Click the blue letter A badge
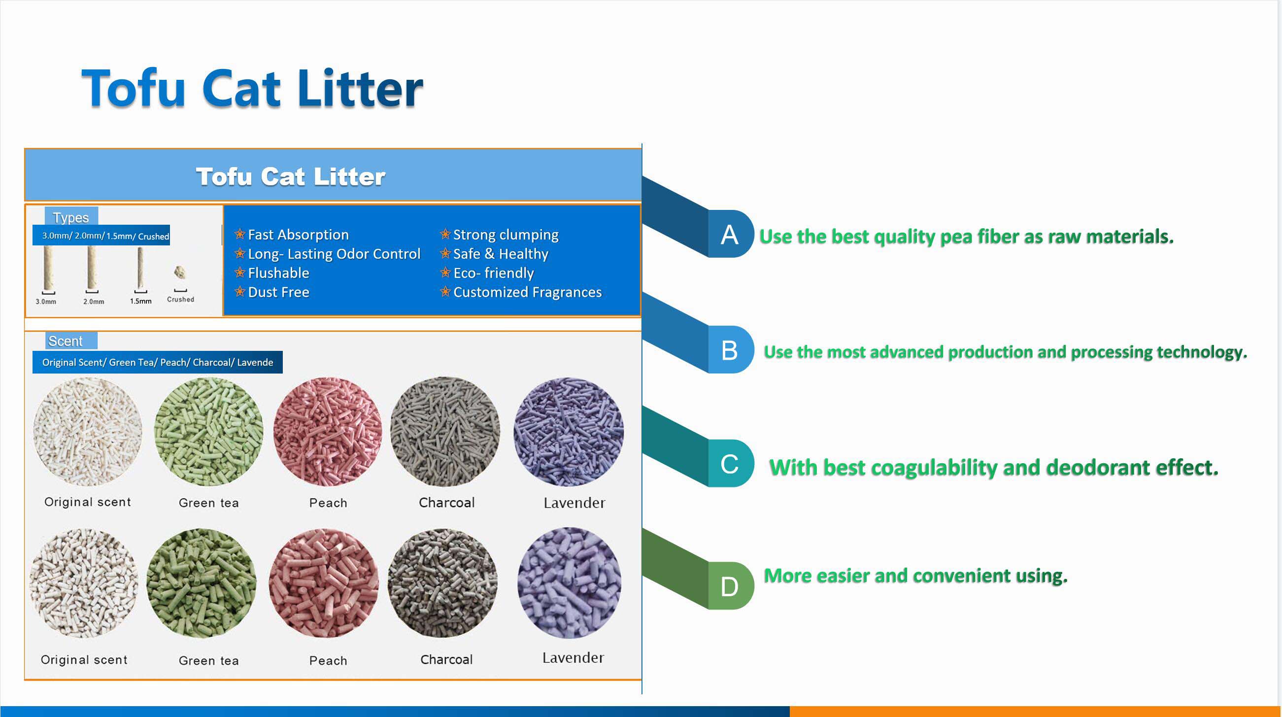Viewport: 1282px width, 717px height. pos(730,234)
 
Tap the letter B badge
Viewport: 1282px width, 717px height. pos(730,349)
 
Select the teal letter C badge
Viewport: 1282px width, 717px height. pos(730,464)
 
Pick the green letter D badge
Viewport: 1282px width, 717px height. pos(730,586)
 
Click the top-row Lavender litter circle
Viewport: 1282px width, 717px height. pos(569,432)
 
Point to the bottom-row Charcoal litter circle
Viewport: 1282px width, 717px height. pos(442,583)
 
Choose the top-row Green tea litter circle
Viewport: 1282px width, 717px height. pos(208,432)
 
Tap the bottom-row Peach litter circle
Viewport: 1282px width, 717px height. pos(324,583)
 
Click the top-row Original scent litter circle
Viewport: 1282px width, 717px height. pos(88,432)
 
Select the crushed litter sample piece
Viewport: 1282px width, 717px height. pos(180,273)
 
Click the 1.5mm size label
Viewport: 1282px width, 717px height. pos(141,301)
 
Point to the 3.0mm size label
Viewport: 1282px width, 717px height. pos(46,302)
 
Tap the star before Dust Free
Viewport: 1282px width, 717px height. pos(240,291)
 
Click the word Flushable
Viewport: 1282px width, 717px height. pos(279,273)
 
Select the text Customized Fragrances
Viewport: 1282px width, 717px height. pos(528,292)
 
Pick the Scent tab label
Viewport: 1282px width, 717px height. pos(66,341)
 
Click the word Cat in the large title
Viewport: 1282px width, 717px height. pos(241,89)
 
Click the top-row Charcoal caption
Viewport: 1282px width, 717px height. pos(447,503)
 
